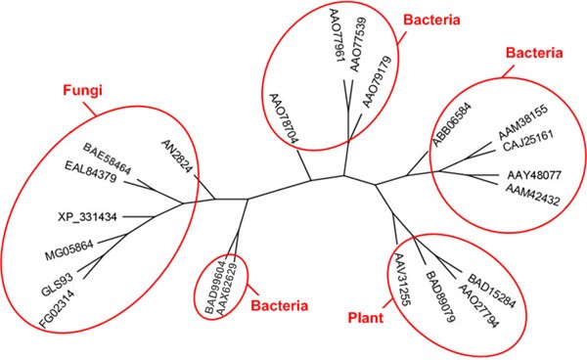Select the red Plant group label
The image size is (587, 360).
click(x=371, y=319)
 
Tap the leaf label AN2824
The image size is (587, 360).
click(x=176, y=157)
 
